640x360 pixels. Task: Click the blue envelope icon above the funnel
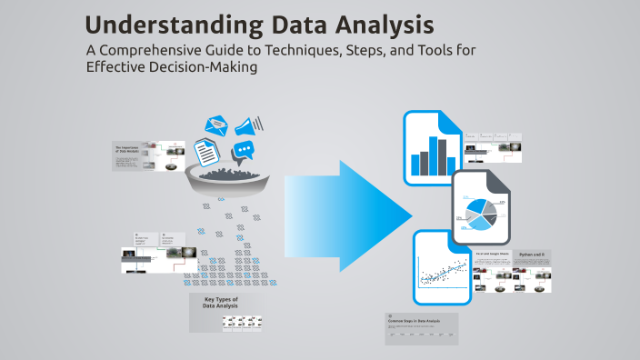(x=217, y=125)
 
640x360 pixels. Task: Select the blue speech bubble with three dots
(x=244, y=151)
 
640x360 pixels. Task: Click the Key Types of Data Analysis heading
(x=221, y=303)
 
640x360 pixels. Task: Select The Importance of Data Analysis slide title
(x=126, y=149)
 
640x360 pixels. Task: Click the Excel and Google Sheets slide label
(x=490, y=255)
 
